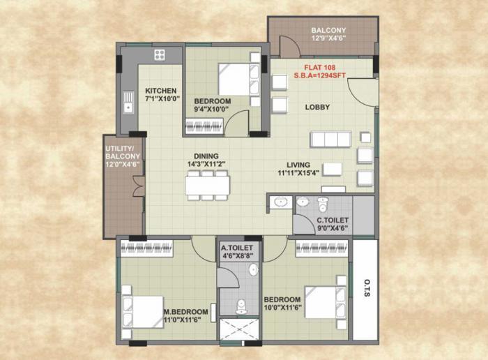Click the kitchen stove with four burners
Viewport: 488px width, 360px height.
(x=159, y=54)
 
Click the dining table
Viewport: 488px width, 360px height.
(x=207, y=185)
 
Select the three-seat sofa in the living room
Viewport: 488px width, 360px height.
(x=330, y=139)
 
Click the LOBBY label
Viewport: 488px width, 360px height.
(x=317, y=107)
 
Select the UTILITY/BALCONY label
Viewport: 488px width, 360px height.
(x=123, y=157)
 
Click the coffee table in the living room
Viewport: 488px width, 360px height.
(x=333, y=169)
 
